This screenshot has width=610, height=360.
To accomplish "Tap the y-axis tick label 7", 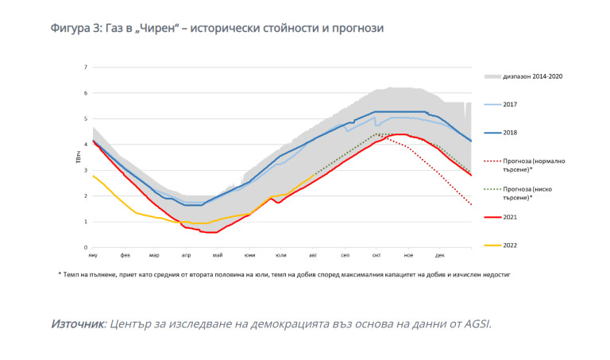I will pyautogui.click(x=85, y=67).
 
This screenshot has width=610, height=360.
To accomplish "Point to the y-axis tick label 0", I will pyautogui.click(x=85, y=248).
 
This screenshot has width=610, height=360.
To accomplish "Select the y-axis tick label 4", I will pyautogui.click(x=85, y=145).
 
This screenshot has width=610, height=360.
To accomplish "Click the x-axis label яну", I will pyautogui.click(x=93, y=255).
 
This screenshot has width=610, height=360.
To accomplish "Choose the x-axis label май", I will pyautogui.click(x=218, y=255).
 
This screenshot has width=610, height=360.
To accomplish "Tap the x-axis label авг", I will pyautogui.click(x=313, y=255).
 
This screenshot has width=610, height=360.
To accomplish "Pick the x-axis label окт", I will pyautogui.click(x=376, y=255).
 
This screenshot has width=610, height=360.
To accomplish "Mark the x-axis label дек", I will pyautogui.click(x=440, y=255).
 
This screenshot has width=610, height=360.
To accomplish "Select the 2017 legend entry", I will pyautogui.click(x=511, y=104).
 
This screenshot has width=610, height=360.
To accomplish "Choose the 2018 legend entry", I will pyautogui.click(x=511, y=132).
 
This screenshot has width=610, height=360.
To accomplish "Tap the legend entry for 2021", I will pyautogui.click(x=511, y=217).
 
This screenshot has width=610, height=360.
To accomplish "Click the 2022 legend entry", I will pyautogui.click(x=511, y=246).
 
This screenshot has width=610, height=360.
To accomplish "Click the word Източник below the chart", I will pyautogui.click(x=77, y=324).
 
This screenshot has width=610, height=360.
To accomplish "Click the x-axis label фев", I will pyautogui.click(x=125, y=255).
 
